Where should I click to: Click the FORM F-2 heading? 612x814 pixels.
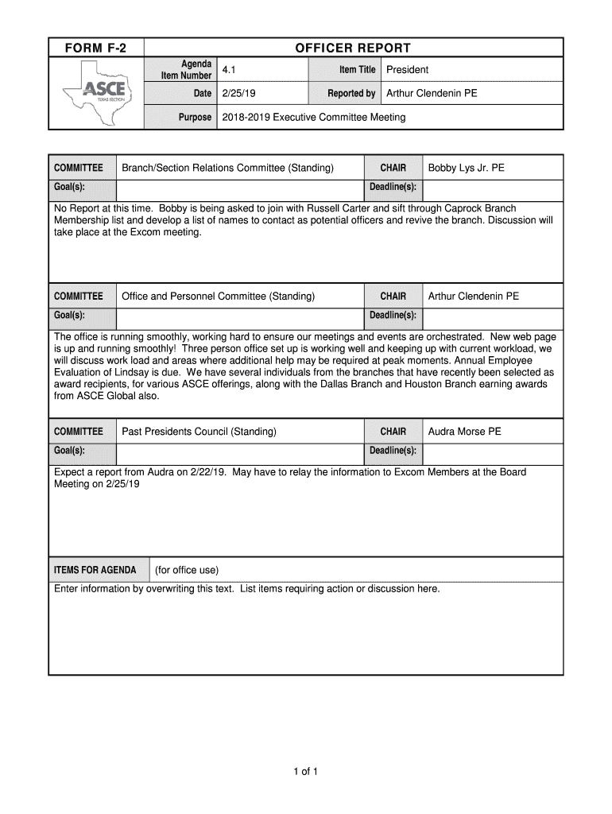pyautogui.click(x=95, y=48)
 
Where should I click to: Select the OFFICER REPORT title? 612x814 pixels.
pyautogui.click(x=353, y=48)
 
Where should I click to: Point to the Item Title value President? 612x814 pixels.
pyautogui.click(x=407, y=70)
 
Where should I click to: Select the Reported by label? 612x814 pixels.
pyautogui.click(x=351, y=94)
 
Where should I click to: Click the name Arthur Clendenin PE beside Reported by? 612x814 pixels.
pyautogui.click(x=432, y=94)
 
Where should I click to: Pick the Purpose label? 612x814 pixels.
pyautogui.click(x=195, y=118)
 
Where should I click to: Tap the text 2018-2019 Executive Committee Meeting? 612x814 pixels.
pyautogui.click(x=313, y=118)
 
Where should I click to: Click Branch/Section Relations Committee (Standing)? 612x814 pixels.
pyautogui.click(x=227, y=168)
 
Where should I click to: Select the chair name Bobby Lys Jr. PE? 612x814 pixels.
pyautogui.click(x=466, y=168)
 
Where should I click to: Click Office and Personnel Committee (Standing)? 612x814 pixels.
pyautogui.click(x=218, y=297)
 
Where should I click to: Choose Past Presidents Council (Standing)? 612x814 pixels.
pyautogui.click(x=199, y=432)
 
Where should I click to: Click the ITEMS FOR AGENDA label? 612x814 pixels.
pyautogui.click(x=95, y=571)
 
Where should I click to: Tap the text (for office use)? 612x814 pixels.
pyautogui.click(x=186, y=571)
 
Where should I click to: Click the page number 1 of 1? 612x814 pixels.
pyautogui.click(x=304, y=771)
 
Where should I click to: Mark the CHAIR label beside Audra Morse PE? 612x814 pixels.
pyautogui.click(x=393, y=432)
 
